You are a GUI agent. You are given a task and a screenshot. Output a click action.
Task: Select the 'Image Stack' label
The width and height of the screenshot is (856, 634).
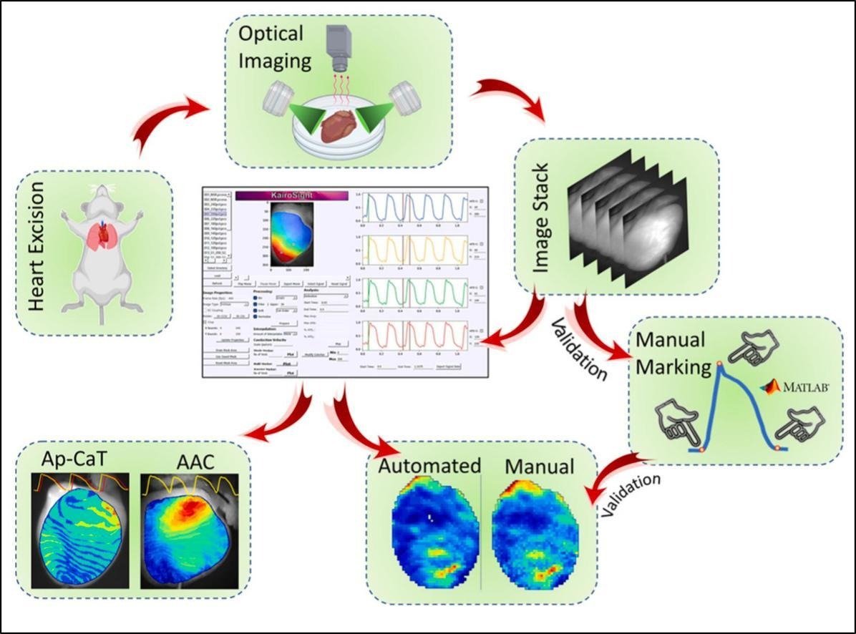tap(543, 215)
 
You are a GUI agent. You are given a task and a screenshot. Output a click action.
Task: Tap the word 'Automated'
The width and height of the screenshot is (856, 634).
tap(429, 467)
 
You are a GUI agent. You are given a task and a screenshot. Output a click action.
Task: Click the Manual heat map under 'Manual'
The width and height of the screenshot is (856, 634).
tap(538, 533)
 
